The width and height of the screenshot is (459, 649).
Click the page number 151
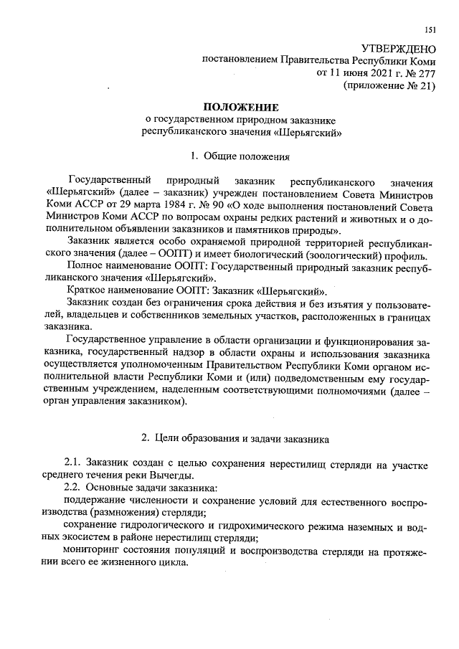click(430, 29)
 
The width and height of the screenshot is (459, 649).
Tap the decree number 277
click(426, 72)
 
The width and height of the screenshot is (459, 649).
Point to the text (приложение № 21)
click(390, 85)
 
